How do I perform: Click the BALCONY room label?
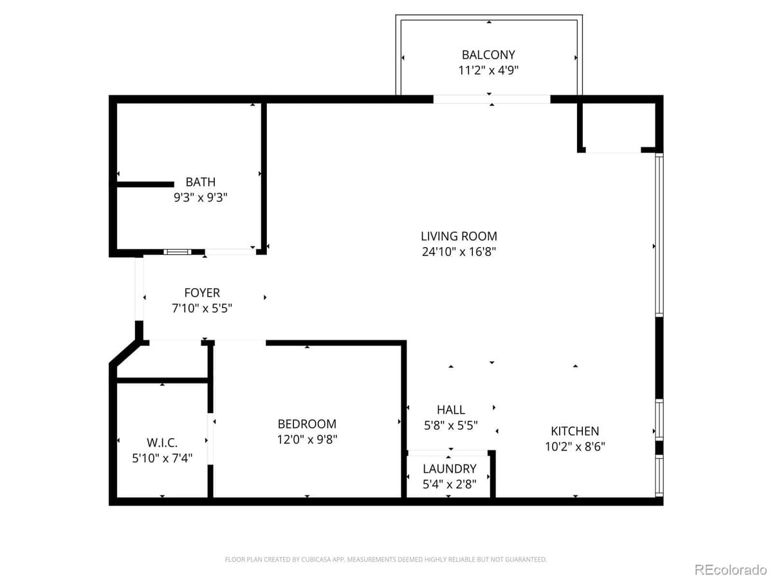[x=488, y=55]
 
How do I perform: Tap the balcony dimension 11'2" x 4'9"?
[x=488, y=71]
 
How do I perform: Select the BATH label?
[x=201, y=182]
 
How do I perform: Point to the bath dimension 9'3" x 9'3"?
[x=201, y=198]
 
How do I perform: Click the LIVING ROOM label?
[x=459, y=236]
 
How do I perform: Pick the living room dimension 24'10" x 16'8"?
[x=459, y=252]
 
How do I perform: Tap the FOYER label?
[x=202, y=293]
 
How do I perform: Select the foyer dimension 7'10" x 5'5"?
[x=202, y=308]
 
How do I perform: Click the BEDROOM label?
[x=307, y=424]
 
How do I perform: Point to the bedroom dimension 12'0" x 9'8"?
[x=307, y=439]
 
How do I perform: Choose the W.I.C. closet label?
[x=162, y=443]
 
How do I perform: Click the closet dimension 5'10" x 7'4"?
[x=162, y=457]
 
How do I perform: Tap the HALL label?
[x=450, y=410]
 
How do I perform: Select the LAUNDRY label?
[x=450, y=469]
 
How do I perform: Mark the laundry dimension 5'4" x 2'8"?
[x=450, y=484]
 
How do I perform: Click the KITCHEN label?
[x=574, y=431]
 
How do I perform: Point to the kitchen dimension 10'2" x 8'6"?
[x=574, y=446]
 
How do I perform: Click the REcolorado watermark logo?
[x=730, y=569]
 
